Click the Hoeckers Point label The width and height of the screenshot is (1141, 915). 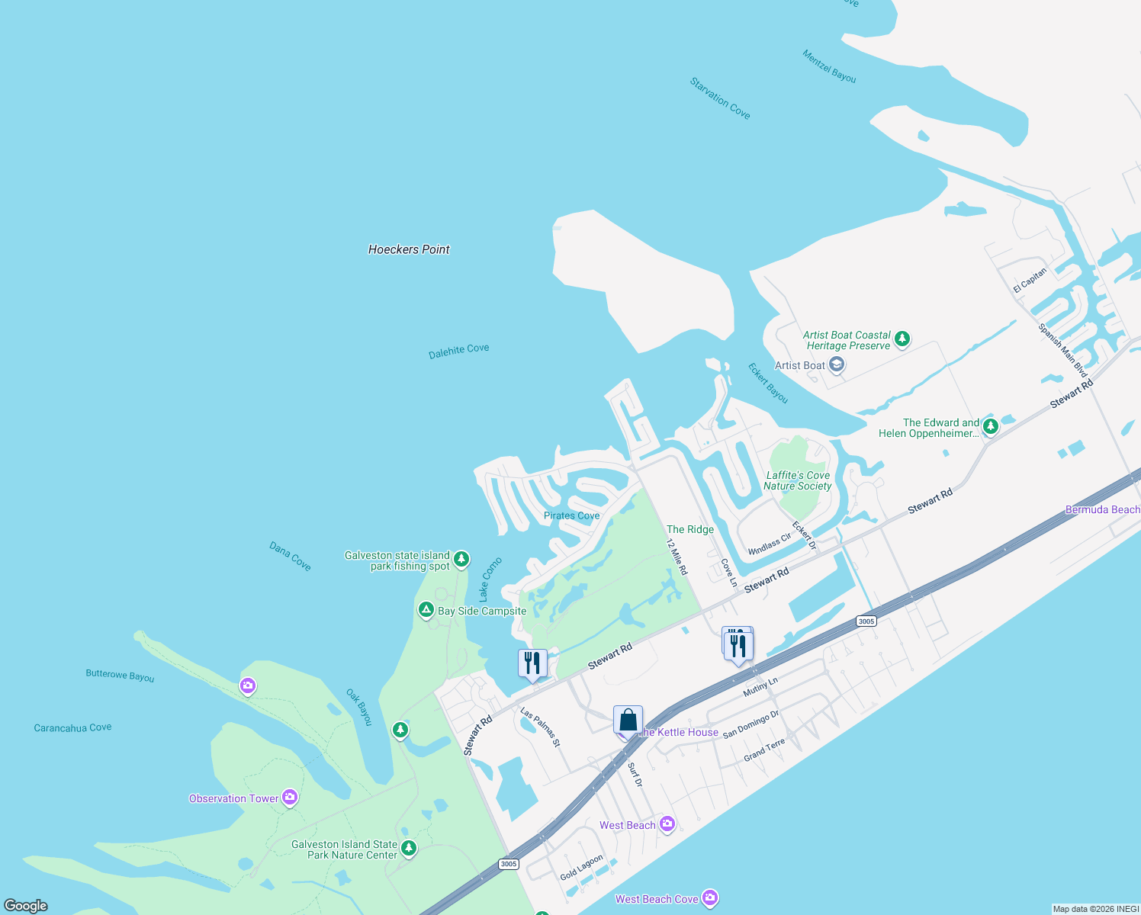(x=409, y=249)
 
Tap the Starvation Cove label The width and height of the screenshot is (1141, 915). (x=720, y=98)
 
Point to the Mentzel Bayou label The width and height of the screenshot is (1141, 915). (x=829, y=66)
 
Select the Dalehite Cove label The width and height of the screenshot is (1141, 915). (x=458, y=350)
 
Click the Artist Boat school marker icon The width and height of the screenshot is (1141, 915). (x=837, y=365)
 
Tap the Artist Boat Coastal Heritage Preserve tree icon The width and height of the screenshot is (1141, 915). (x=902, y=339)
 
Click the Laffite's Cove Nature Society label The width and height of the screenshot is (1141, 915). (x=797, y=480)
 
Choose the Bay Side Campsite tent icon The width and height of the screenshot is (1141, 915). (x=426, y=610)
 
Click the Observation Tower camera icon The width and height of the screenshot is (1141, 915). (x=289, y=798)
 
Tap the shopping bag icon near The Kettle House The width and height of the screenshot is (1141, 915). (x=628, y=721)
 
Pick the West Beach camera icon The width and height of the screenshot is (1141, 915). (x=667, y=824)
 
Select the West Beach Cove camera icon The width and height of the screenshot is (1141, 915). (x=710, y=898)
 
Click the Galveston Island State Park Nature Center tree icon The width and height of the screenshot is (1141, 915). (x=409, y=848)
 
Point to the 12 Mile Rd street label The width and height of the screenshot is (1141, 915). (x=677, y=557)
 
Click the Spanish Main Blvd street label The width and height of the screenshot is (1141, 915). (x=1062, y=351)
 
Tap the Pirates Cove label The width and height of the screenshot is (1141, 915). (x=571, y=515)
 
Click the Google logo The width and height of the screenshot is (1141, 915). (x=25, y=905)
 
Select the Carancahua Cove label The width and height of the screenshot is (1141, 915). (x=72, y=727)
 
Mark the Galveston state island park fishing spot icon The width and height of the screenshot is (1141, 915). (x=461, y=560)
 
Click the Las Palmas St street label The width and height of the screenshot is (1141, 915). (x=540, y=727)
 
